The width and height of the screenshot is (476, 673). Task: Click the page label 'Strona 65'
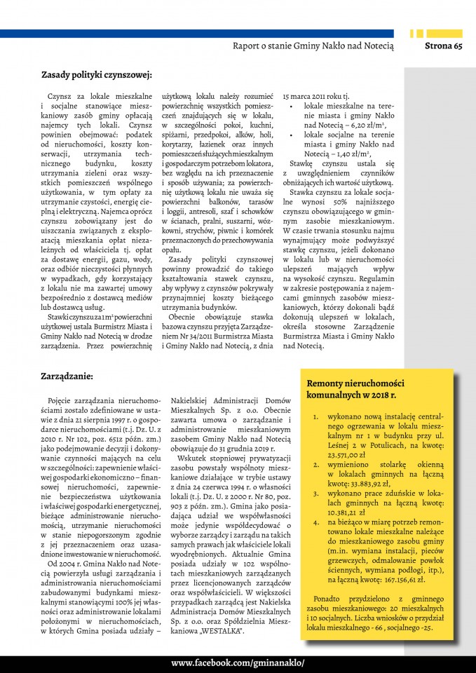point(444,46)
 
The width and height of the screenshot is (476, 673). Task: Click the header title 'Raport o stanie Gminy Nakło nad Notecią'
point(313,46)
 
